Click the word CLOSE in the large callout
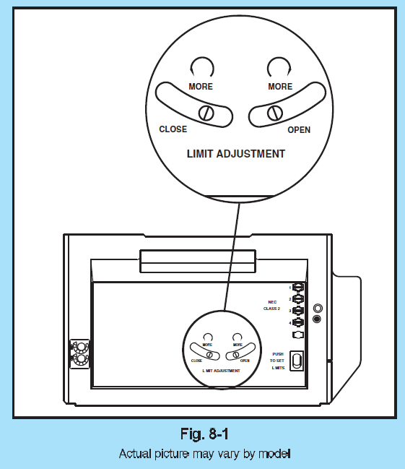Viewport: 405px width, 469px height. click(x=173, y=129)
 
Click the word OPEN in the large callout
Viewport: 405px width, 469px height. click(x=299, y=129)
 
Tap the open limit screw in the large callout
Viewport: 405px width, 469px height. click(x=273, y=113)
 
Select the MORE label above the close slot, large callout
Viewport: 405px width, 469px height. click(x=201, y=87)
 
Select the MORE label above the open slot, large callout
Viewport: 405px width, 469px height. click(x=280, y=87)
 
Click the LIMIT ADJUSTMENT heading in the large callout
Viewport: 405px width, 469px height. click(x=236, y=153)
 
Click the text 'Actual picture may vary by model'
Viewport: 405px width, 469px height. click(x=204, y=454)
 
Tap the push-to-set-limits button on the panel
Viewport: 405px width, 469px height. click(x=296, y=360)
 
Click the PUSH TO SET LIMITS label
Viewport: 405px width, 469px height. click(x=277, y=361)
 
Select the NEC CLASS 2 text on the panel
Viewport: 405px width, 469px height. click(x=272, y=305)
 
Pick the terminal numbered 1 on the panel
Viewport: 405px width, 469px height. click(x=297, y=287)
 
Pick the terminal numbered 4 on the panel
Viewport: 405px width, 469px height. click(x=297, y=322)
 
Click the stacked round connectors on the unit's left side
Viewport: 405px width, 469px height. click(x=80, y=352)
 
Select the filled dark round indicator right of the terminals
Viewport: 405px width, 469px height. click(x=316, y=319)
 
